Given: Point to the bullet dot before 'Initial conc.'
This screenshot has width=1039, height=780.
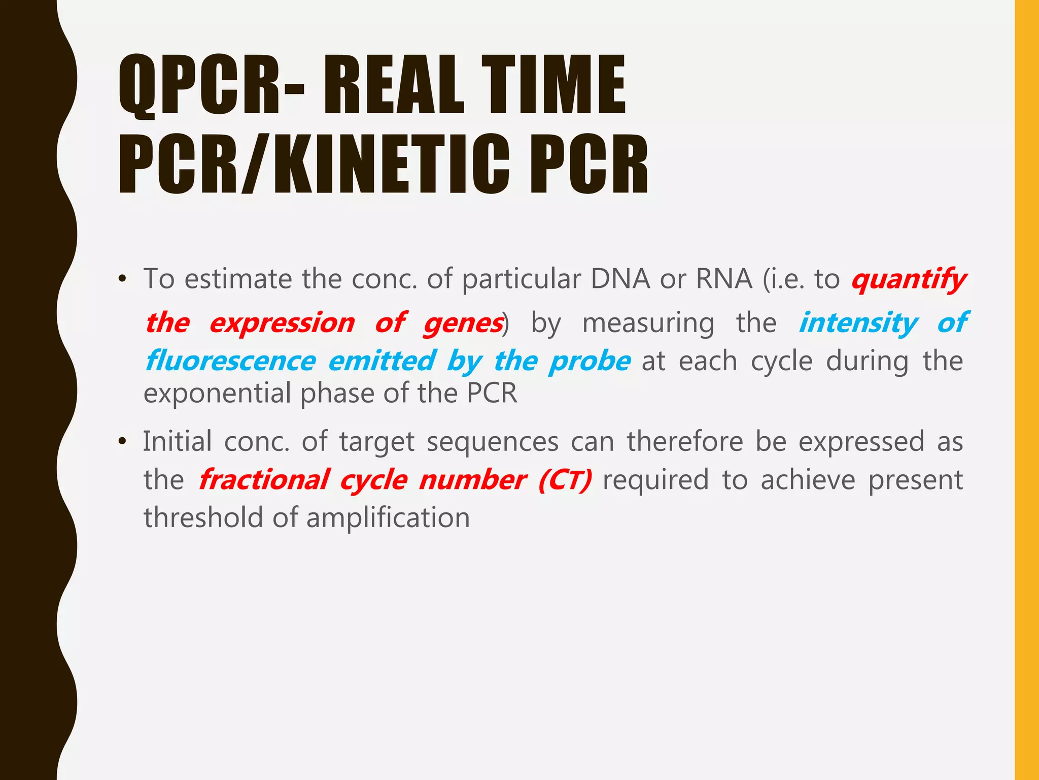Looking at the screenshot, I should pyautogui.click(x=122, y=441).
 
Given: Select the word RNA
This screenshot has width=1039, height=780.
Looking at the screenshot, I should pyautogui.click(x=724, y=279).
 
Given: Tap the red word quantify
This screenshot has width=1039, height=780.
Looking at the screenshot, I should pyautogui.click(x=909, y=280).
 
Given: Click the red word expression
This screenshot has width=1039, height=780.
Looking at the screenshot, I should pyautogui.click(x=282, y=323).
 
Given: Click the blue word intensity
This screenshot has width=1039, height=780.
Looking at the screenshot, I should pyautogui.click(x=858, y=323).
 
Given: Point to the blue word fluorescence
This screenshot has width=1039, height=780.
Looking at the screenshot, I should pyautogui.click(x=231, y=361).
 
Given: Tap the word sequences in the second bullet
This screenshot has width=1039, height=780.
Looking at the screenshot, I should pyautogui.click(x=492, y=441).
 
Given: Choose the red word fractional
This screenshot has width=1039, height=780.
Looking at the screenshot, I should pyautogui.click(x=263, y=480).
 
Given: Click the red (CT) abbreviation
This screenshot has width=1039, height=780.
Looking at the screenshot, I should pyautogui.click(x=565, y=480).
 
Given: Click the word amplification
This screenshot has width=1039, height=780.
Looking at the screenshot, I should pyautogui.click(x=388, y=518).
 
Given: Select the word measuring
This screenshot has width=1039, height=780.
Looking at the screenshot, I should pyautogui.click(x=648, y=323).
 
